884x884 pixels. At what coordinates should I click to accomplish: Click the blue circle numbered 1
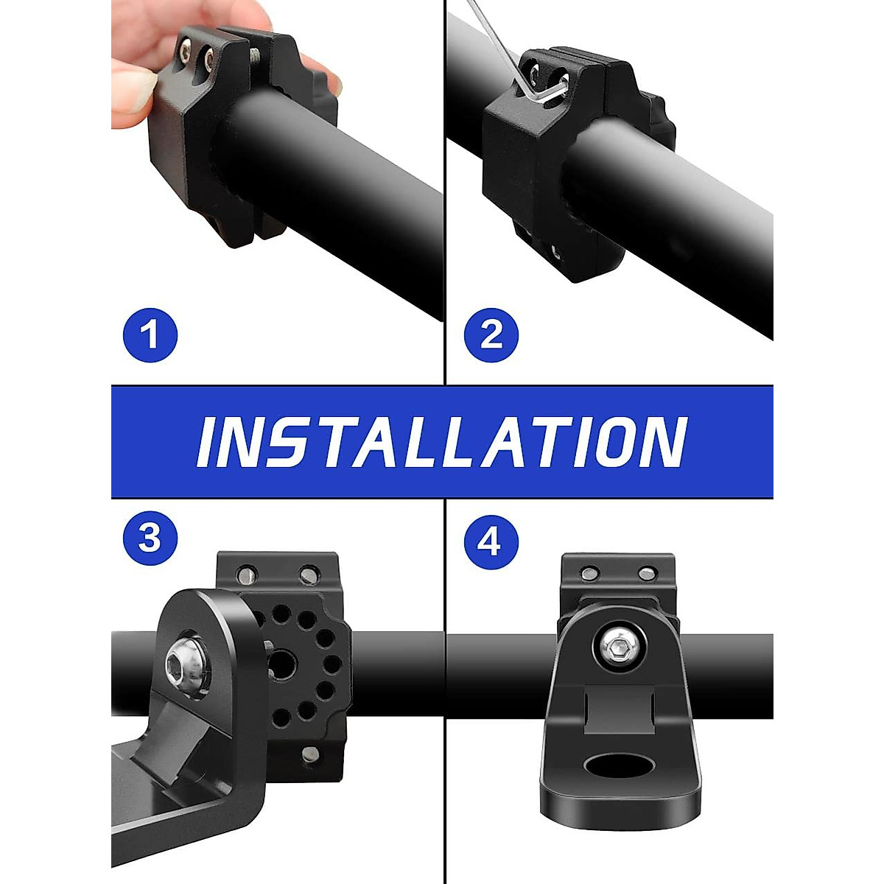click(x=150, y=334)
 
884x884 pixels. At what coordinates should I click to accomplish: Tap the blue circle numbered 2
click(x=491, y=335)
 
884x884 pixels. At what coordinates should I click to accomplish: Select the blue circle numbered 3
click(x=150, y=538)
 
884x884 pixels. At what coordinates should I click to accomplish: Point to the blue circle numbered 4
click(x=491, y=542)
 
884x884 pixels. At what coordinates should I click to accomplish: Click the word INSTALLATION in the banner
click(x=442, y=442)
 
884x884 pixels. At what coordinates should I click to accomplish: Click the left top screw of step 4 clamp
click(x=589, y=573)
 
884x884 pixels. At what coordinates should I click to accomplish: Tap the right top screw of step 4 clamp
click(x=647, y=573)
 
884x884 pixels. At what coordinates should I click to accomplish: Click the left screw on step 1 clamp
click(x=185, y=52)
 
